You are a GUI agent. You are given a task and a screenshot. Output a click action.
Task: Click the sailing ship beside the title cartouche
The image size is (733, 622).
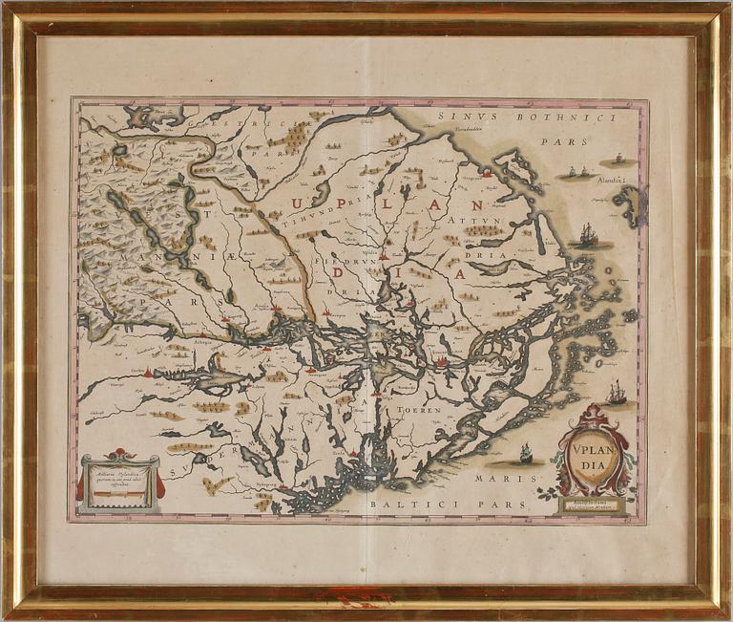(x=617, y=393)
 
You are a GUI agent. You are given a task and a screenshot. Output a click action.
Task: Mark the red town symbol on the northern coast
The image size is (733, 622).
(x=487, y=174)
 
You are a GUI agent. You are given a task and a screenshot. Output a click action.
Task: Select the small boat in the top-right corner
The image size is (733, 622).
(x=619, y=158)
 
